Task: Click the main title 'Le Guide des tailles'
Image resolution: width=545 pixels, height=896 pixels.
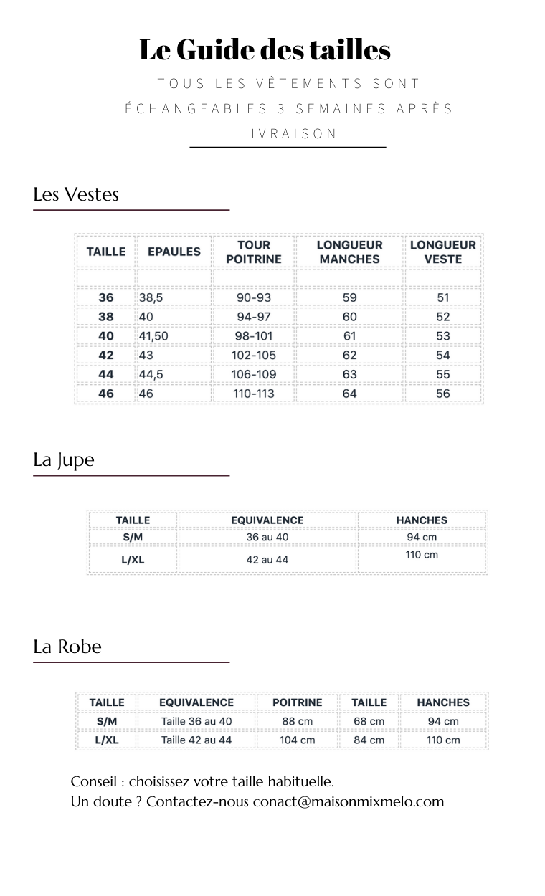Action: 265,50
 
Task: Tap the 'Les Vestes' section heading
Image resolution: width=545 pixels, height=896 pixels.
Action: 76,194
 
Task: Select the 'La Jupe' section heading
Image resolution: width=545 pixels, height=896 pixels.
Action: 64,459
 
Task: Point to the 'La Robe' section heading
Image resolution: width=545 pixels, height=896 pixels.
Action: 67,647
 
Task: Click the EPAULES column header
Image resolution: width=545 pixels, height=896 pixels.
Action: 174,252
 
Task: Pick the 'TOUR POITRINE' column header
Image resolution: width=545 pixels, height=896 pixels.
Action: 254,252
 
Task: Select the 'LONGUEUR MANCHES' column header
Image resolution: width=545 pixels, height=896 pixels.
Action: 349,252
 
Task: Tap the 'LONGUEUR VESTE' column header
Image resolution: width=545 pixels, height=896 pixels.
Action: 442,252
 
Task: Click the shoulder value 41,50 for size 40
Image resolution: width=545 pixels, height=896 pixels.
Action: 153,335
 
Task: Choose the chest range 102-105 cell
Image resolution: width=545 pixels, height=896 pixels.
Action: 254,355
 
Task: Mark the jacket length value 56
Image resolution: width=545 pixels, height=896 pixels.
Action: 443,393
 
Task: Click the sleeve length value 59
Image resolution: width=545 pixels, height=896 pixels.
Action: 349,297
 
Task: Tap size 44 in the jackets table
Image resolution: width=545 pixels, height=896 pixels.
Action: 106,374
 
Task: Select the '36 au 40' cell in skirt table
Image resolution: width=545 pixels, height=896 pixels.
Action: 267,538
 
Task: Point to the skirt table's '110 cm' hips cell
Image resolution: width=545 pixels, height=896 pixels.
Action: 422,555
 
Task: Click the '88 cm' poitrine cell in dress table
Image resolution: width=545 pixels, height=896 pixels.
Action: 297,721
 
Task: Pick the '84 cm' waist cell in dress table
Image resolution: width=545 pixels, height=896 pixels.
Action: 369,740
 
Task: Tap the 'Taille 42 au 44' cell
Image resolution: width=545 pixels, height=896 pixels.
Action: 196,740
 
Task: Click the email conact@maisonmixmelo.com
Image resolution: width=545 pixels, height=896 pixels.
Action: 349,801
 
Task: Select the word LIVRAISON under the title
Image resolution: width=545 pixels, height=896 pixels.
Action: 288,133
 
